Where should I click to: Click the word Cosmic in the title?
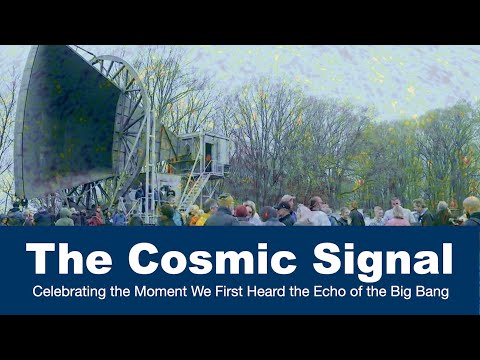pos(209,261)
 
